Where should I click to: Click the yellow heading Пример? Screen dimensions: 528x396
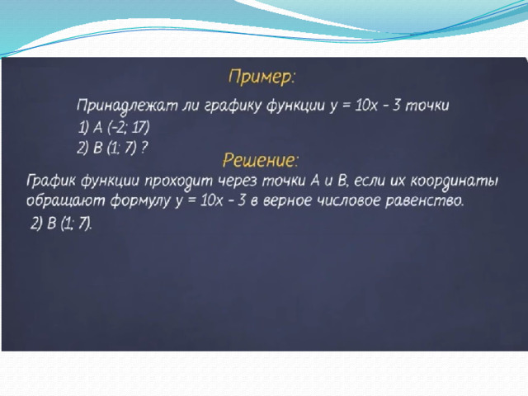click(262, 78)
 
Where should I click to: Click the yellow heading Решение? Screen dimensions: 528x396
click(261, 160)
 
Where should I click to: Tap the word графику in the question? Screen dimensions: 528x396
click(233, 106)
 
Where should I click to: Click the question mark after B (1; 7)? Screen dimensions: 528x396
click(144, 148)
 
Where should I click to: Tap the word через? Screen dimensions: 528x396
click(237, 181)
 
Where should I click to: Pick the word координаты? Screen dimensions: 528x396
click(454, 181)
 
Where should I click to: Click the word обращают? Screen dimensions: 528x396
click(65, 201)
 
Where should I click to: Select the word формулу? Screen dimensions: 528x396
click(140, 201)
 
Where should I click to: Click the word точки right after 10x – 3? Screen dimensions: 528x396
click(427, 106)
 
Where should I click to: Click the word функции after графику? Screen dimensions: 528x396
click(295, 106)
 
